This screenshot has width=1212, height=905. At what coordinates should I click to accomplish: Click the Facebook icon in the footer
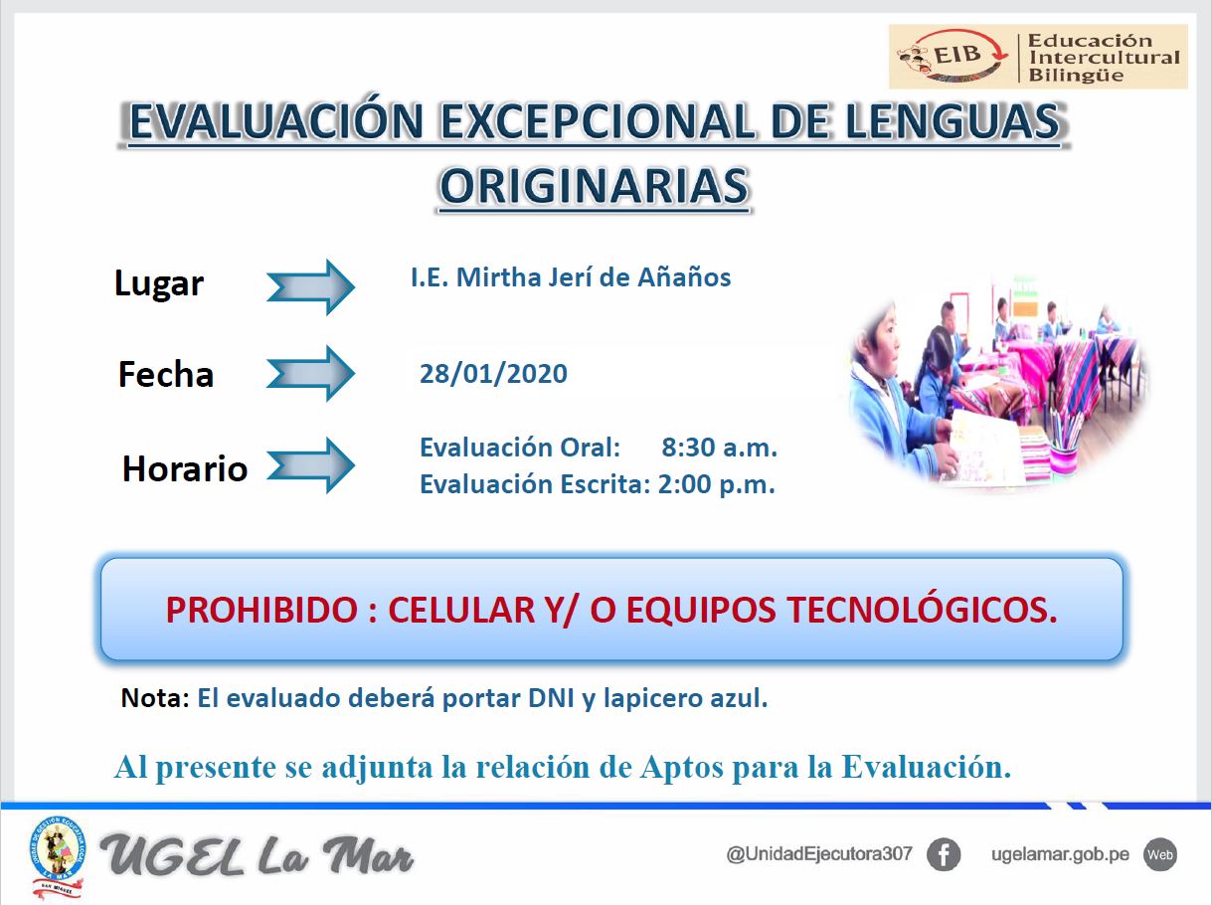[x=944, y=854]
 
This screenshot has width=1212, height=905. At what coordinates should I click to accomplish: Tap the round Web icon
[x=1160, y=854]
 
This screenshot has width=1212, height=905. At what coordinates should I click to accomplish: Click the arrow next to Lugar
[x=310, y=287]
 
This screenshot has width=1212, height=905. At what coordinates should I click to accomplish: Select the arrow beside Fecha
[x=310, y=373]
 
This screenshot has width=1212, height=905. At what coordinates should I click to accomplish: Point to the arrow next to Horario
[x=310, y=464]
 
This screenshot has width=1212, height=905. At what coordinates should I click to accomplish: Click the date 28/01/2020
[x=493, y=374]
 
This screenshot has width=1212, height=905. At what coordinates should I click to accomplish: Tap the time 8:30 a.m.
[x=720, y=448]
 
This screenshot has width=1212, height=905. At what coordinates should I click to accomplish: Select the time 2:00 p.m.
[x=717, y=484]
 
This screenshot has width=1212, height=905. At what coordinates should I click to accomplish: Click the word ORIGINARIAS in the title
[x=595, y=186]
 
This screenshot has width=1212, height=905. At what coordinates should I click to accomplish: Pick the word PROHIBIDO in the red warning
[x=261, y=611]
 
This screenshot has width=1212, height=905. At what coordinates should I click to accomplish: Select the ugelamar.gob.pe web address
[x=1060, y=854]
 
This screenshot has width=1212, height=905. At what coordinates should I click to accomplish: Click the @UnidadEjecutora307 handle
[x=819, y=854]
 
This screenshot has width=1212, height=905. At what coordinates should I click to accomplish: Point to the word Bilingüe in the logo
[x=1076, y=76]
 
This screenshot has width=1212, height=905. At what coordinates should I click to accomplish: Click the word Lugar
[x=159, y=284]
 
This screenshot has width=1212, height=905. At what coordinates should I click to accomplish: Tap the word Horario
[x=185, y=468]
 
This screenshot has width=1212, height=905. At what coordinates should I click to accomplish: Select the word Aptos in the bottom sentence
[x=682, y=767]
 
